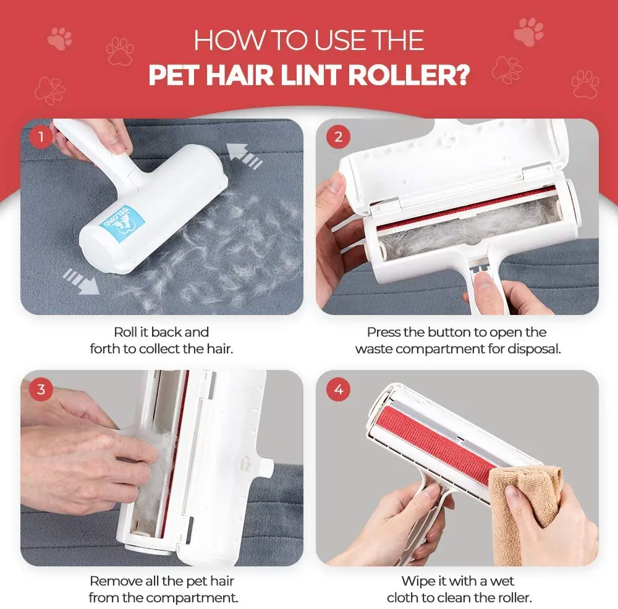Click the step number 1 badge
click(41, 137)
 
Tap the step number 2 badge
click(338, 137)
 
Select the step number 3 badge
click(41, 389)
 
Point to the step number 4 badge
click(338, 389)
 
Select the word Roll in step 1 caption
click(126, 332)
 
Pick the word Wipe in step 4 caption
click(418, 581)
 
